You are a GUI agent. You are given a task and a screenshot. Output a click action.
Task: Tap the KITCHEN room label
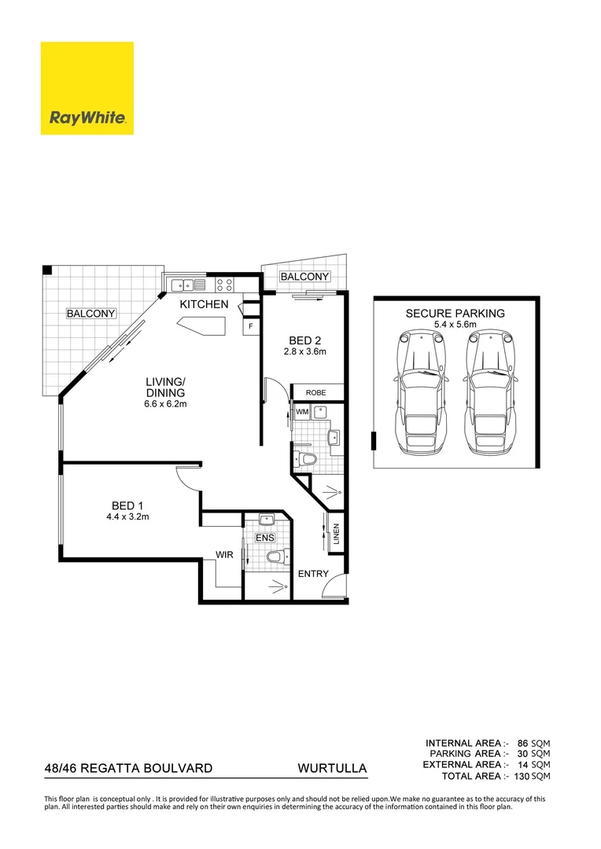(x=205, y=304)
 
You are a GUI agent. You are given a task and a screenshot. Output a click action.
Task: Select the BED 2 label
(x=305, y=340)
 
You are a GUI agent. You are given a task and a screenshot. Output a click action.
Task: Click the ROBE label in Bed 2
(x=316, y=392)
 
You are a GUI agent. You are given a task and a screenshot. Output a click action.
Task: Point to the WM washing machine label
(x=301, y=411)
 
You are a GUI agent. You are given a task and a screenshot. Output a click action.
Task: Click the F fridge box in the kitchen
(x=251, y=325)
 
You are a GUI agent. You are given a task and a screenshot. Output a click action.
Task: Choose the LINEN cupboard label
(x=336, y=535)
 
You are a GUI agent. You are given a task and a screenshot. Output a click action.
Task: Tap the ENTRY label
(x=313, y=574)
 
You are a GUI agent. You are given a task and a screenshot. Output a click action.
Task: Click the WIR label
(x=226, y=555)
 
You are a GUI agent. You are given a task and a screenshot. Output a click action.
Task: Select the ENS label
(x=264, y=537)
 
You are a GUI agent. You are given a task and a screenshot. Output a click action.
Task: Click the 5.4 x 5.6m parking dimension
(x=455, y=324)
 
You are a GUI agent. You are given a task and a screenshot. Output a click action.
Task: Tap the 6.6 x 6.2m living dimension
(x=164, y=404)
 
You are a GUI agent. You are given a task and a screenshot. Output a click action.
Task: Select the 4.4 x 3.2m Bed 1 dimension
(x=127, y=516)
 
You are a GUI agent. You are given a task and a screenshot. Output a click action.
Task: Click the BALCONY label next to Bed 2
(x=304, y=277)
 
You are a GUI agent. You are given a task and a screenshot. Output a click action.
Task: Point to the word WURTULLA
(x=332, y=767)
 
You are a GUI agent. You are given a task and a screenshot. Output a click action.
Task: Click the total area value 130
(x=520, y=776)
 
